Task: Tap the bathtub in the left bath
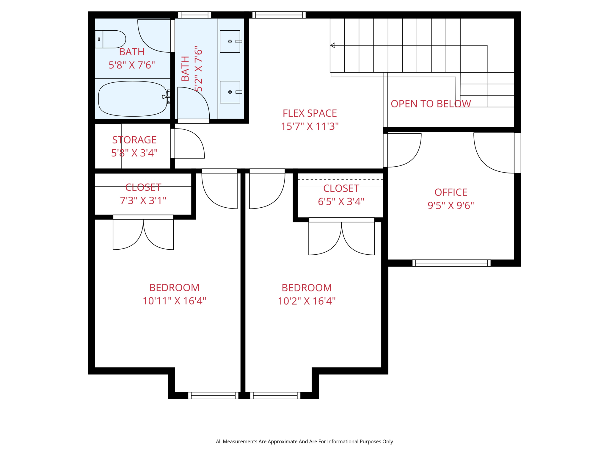(132, 99)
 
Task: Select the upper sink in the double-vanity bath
(230, 41)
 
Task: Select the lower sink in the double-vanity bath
(230, 92)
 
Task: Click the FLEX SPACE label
(310, 113)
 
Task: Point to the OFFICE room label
(451, 192)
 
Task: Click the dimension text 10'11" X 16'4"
(174, 301)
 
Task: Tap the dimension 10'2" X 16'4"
(307, 301)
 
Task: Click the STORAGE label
(134, 140)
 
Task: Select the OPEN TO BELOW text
(431, 104)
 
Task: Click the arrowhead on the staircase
(333, 45)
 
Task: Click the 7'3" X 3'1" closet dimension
(143, 201)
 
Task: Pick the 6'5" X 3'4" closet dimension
(341, 201)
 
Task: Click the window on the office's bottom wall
(451, 263)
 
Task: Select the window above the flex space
(279, 15)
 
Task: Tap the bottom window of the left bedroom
(213, 395)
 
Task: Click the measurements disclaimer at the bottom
(304, 442)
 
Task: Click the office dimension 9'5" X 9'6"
(451, 205)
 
